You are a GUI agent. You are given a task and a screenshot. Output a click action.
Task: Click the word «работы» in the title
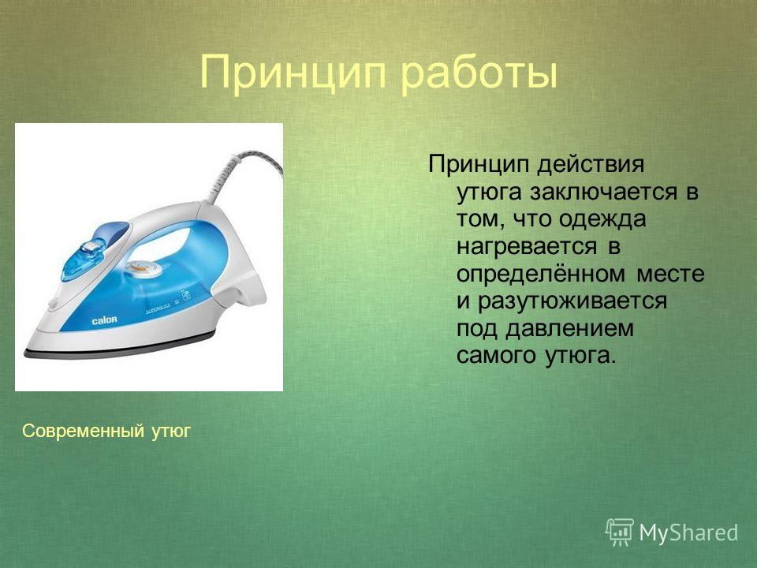pos(479,73)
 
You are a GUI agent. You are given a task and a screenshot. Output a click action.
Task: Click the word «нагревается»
pos(527,247)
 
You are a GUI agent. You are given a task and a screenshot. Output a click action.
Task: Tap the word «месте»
pos(670,275)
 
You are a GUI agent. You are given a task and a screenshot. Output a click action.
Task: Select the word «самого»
pos(496,357)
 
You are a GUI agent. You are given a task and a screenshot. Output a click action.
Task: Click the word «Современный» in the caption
pos(83,431)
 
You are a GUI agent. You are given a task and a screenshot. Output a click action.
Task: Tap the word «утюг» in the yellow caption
pos(171,432)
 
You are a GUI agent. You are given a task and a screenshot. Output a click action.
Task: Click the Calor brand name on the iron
pos(105,319)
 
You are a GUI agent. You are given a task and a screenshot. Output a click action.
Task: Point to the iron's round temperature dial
pos(144,268)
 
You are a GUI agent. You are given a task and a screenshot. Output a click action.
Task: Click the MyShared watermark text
pos(688,532)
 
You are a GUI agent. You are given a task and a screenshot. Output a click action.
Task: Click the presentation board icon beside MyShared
pos(620,532)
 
